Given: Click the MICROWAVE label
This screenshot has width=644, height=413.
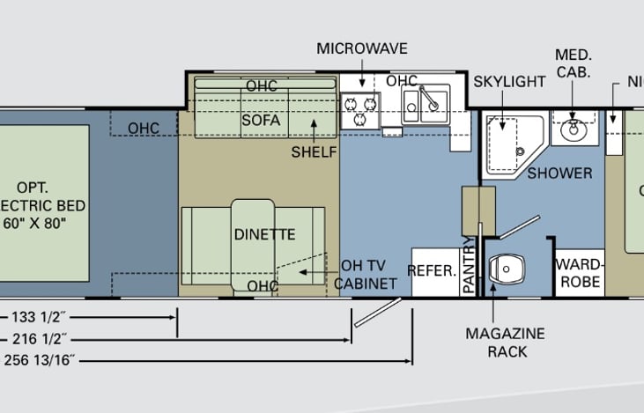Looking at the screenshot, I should pyautogui.click(x=361, y=48).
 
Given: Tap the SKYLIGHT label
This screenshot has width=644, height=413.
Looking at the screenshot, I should pyautogui.click(x=509, y=81).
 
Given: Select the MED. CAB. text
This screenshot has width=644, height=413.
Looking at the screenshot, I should pyautogui.click(x=573, y=63).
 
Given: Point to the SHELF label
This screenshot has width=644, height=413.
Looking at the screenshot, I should pyautogui.click(x=315, y=152).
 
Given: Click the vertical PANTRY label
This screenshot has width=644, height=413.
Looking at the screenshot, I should pyautogui.click(x=469, y=264).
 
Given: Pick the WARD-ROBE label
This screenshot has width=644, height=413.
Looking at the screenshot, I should pyautogui.click(x=579, y=272).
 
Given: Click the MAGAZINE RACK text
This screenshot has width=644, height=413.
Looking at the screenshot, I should pyautogui.click(x=506, y=343).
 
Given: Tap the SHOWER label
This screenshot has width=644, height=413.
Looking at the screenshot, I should pyautogui.click(x=559, y=173).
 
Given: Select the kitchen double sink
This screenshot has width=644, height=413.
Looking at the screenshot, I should pyautogui.click(x=426, y=105).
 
